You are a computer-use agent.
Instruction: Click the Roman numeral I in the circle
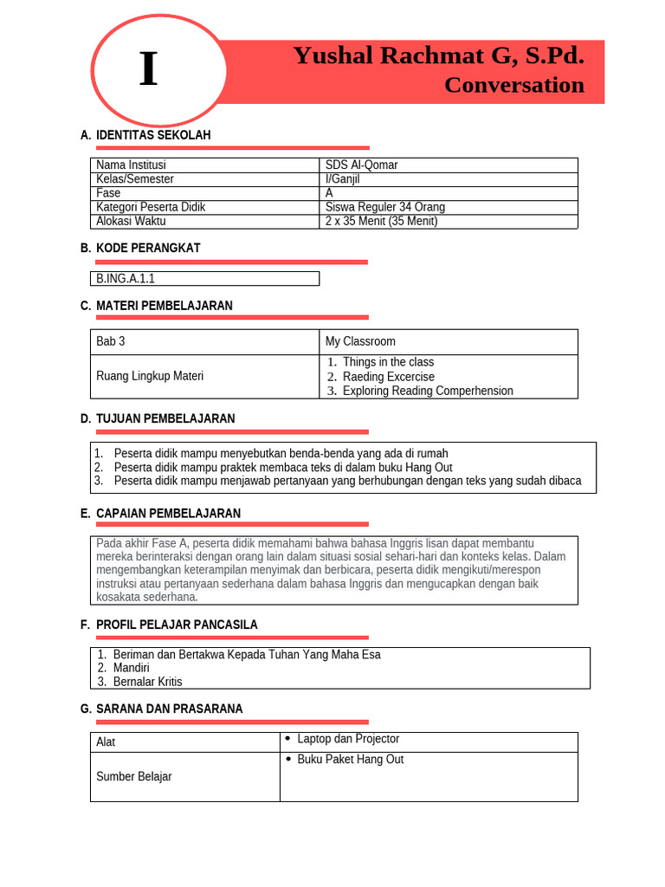click(149, 70)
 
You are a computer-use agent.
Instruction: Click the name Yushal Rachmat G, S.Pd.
click(438, 56)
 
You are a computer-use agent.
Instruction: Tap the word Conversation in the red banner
click(513, 85)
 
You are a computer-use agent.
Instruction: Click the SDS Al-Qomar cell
click(361, 165)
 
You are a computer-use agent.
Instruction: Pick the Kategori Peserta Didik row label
click(151, 207)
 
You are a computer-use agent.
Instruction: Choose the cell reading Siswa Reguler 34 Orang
click(385, 207)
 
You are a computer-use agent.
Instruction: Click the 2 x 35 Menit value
click(381, 221)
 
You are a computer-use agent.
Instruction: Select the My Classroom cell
click(360, 341)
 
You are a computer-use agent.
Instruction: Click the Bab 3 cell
click(111, 341)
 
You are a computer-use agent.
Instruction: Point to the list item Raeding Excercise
click(388, 377)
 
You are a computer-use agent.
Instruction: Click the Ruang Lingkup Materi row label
click(150, 376)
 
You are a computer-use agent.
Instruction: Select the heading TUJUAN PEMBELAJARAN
click(165, 418)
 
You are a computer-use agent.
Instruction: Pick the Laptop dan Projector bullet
click(347, 739)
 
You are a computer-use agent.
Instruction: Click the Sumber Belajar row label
click(133, 776)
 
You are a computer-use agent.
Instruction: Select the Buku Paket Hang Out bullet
click(350, 760)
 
